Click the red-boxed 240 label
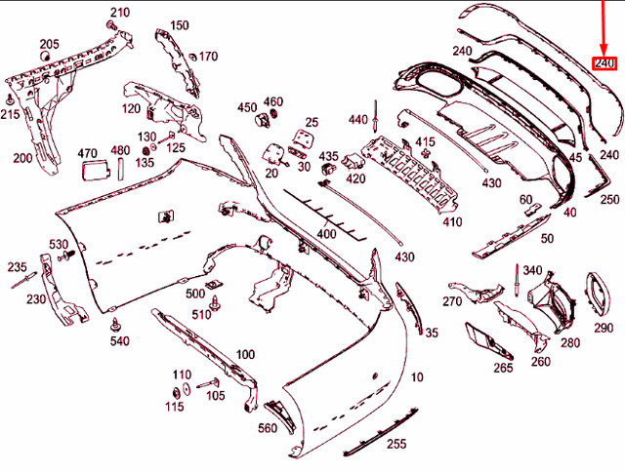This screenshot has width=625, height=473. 605,63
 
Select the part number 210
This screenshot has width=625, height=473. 119,13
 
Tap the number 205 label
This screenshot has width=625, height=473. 49,44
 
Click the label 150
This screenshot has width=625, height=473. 180,25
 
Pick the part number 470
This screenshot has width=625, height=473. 87,152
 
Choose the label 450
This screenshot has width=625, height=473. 246,107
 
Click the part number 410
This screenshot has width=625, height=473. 452,222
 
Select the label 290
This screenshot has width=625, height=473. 604,328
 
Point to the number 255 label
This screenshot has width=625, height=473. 396,444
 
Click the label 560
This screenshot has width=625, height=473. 268,428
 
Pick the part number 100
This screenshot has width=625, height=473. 246,354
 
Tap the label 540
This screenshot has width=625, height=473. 119,340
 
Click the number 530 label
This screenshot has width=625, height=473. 59,244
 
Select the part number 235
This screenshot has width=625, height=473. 17,266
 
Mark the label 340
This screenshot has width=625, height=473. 532,270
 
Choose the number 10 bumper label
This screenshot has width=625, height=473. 418,376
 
